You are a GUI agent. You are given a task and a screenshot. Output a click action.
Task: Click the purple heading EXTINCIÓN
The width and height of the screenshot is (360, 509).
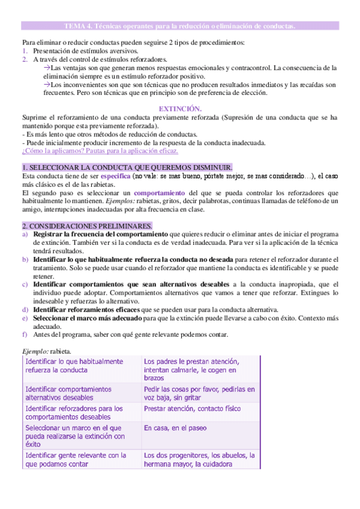[x=179, y=108]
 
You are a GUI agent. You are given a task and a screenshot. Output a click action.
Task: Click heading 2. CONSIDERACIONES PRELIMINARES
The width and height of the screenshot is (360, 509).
[x=87, y=225]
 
